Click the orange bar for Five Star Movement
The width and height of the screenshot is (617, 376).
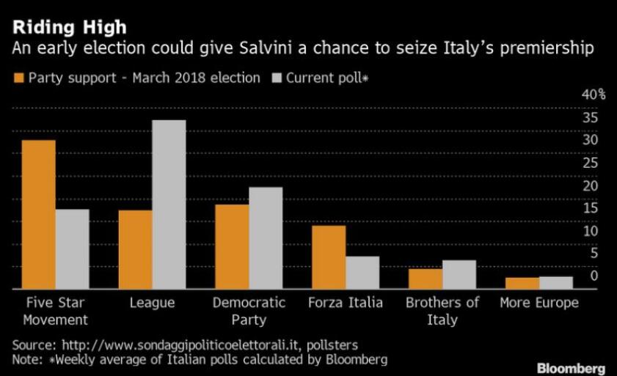click(38, 214)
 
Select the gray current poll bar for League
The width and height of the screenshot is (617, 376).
click(169, 204)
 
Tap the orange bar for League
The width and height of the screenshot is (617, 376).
click(135, 249)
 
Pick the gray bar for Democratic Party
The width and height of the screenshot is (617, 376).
click(265, 237)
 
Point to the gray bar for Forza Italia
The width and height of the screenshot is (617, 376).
click(362, 272)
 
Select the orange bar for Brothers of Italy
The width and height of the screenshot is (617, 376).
click(425, 279)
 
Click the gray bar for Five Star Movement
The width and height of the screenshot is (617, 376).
click(72, 248)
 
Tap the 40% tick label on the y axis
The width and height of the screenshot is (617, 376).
click(594, 95)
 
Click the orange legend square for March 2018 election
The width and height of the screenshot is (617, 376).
click(18, 78)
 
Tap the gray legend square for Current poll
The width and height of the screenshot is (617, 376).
click(276, 78)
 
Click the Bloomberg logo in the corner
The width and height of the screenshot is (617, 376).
click(571, 367)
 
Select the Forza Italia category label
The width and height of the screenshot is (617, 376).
click(345, 303)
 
